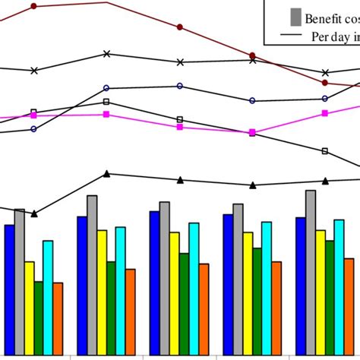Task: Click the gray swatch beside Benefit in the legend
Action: tap(295, 17)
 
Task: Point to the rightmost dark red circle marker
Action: tap(325, 82)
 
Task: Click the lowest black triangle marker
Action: tap(34, 213)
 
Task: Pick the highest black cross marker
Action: tap(106, 54)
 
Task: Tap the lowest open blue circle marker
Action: tap(34, 129)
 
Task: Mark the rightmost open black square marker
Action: tap(325, 151)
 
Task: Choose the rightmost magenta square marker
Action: tap(325, 113)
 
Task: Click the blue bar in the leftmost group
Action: tap(9, 289)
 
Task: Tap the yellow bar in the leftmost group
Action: tap(30, 307)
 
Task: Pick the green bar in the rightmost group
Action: tap(330, 297)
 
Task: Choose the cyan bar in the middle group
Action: tap(194, 288)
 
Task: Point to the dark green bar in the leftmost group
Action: tap(39, 317)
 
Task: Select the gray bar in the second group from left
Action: tap(92, 274)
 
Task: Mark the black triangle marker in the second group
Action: tap(106, 174)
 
